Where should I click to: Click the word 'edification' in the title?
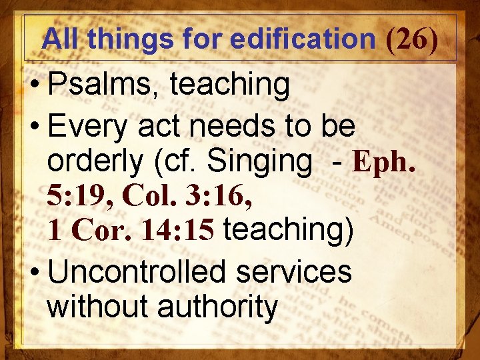point(303,39)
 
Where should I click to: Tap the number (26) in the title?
point(412,39)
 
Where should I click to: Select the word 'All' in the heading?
point(61,39)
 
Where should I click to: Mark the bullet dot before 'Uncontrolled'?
point(33,273)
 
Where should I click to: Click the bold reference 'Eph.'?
point(385,161)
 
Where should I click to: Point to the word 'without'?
point(97,307)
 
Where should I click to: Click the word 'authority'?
point(217,307)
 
